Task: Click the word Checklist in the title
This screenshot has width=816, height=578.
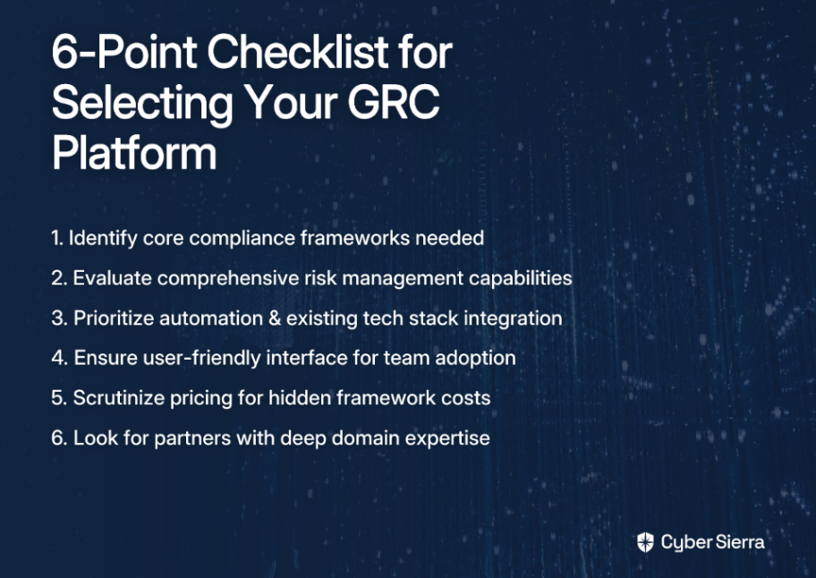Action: tap(298, 52)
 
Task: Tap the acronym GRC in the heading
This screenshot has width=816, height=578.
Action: tap(394, 102)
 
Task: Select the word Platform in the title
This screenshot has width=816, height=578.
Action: tap(134, 154)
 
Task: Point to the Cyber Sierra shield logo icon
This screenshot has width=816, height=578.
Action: tap(645, 542)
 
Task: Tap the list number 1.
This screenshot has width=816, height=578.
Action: tap(57, 238)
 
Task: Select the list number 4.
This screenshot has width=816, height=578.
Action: tap(59, 358)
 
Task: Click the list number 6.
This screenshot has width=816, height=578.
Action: tap(59, 438)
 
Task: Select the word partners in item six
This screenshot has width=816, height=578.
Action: tap(192, 438)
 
